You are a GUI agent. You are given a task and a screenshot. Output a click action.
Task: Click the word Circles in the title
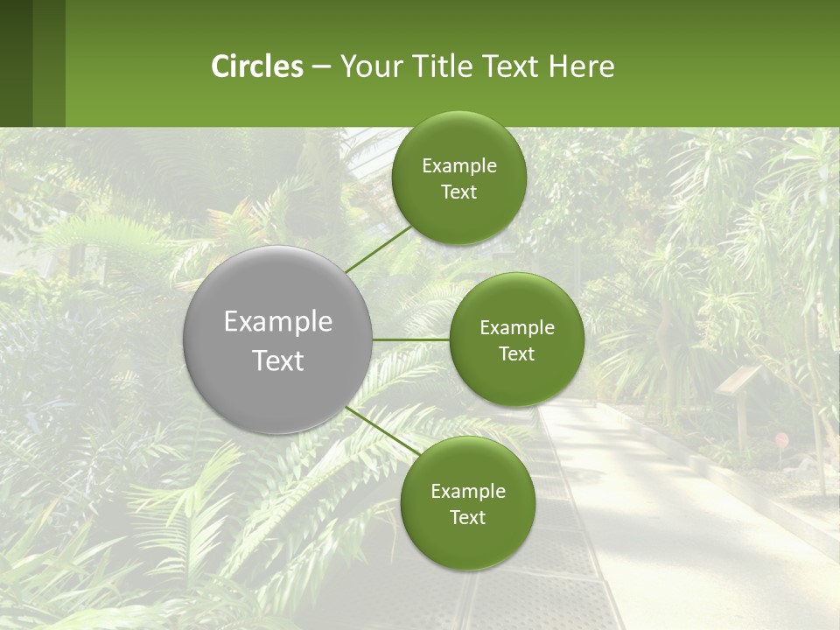(256, 66)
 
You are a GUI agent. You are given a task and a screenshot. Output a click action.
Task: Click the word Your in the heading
(371, 66)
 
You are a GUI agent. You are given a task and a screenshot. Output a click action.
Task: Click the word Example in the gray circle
(278, 321)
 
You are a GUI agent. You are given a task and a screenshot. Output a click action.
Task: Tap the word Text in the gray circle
(278, 360)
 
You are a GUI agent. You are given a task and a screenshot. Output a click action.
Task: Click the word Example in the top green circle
(458, 165)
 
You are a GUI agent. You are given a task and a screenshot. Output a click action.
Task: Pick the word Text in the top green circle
(458, 192)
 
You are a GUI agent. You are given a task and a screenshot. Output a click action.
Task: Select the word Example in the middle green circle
(516, 327)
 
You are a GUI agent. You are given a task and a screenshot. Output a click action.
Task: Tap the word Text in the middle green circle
(516, 353)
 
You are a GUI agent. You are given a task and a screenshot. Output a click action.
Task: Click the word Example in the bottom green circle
(467, 491)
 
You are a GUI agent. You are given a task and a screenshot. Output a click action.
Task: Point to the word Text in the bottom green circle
(467, 517)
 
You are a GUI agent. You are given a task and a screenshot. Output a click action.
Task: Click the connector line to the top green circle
(378, 248)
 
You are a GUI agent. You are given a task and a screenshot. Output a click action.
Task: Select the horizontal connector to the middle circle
(411, 339)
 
